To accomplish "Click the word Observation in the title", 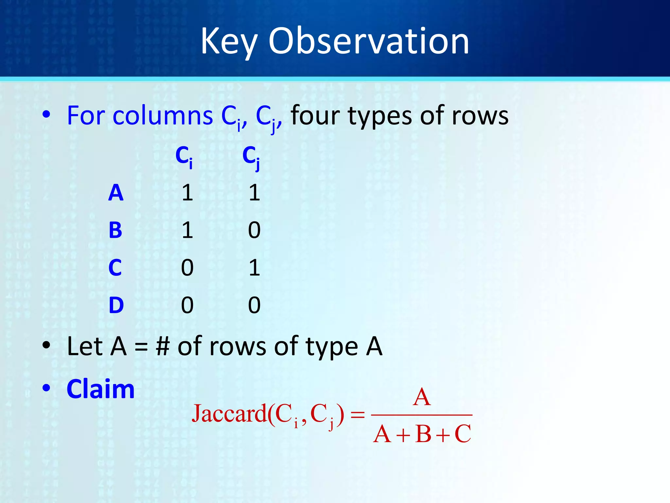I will (x=369, y=42).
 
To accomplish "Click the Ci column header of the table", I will (x=184, y=157).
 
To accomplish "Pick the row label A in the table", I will (x=116, y=193).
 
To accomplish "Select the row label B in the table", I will (x=115, y=230).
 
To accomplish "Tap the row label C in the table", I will (x=115, y=268).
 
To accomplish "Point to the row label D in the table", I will (x=116, y=305).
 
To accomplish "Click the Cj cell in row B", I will (x=254, y=230).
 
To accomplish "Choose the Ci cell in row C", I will (x=187, y=268).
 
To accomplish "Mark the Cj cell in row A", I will (x=254, y=193).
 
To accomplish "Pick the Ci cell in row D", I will (x=187, y=305).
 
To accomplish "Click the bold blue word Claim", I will (x=100, y=389).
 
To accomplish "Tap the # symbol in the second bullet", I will (x=163, y=346).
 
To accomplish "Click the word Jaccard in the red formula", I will (x=229, y=414).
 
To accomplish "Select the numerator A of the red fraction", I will (x=422, y=397).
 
